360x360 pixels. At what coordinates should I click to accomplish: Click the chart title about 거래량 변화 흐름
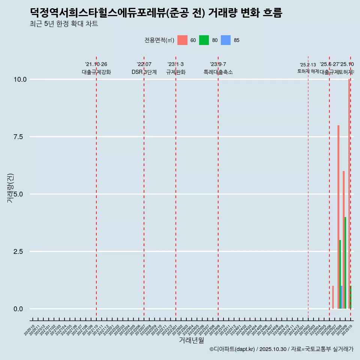pyautogui.click(x=156, y=13)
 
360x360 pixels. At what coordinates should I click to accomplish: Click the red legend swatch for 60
pyautogui.click(x=182, y=40)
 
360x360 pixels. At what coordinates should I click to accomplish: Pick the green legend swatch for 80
pyautogui.click(x=204, y=40)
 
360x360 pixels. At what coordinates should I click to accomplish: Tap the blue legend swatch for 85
pyautogui.click(x=226, y=40)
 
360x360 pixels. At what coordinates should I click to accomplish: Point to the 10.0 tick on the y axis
pyautogui.click(x=19, y=79)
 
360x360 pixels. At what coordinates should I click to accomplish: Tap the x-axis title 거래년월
pyautogui.click(x=191, y=340)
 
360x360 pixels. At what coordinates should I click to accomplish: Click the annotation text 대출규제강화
pyautogui.click(x=96, y=72)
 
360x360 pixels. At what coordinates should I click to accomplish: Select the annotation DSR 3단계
pyautogui.click(x=144, y=72)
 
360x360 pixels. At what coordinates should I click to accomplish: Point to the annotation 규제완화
pyautogui.click(x=176, y=72)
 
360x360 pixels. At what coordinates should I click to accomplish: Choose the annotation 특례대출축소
pyautogui.click(x=218, y=72)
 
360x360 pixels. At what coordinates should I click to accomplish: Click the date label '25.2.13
pyautogui.click(x=308, y=65)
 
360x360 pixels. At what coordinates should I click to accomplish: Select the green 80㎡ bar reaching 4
pyautogui.click(x=345, y=262)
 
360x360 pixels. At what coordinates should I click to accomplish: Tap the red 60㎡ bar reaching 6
pyautogui.click(x=343, y=240)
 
